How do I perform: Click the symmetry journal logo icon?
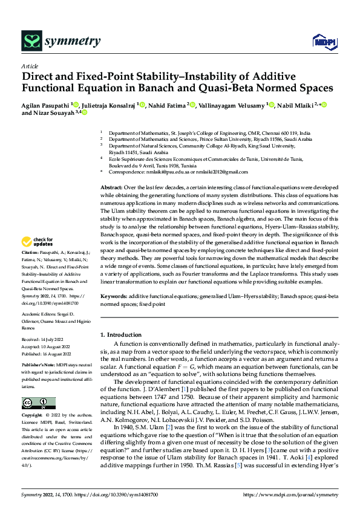click(x=31, y=41)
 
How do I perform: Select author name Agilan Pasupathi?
click(x=46, y=104)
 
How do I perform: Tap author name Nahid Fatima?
click(x=167, y=104)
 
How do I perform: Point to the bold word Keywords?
click(x=114, y=297)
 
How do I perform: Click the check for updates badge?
click(x=38, y=242)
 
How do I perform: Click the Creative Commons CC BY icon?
click(x=39, y=403)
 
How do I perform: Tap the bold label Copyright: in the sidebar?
click(x=33, y=416)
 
